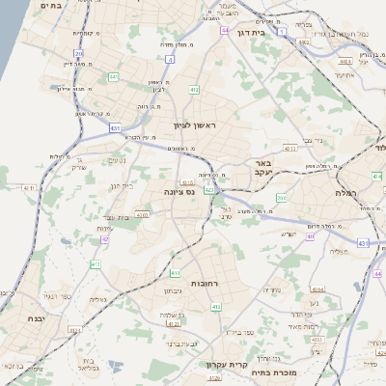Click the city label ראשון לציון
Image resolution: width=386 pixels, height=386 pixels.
[x=197, y=125]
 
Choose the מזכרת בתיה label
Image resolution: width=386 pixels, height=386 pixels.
[x=274, y=371]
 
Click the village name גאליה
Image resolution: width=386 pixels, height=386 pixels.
[x=97, y=300]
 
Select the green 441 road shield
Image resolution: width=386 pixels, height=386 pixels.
[x=114, y=76]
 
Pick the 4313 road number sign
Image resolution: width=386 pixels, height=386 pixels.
[x=289, y=150]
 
